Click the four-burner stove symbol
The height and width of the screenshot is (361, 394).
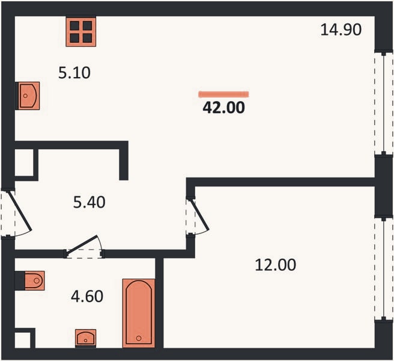point(81,32)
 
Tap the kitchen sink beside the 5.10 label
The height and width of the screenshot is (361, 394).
point(29,96)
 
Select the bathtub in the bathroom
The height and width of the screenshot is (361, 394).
point(139,313)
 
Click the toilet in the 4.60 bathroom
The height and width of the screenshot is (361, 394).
point(35,280)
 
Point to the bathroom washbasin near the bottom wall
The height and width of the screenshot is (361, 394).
point(86,338)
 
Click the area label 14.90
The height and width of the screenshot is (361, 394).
point(341,29)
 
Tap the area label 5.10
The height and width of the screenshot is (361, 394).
point(74,73)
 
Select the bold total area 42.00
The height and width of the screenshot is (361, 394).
point(223,108)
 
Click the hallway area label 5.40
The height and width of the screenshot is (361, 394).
point(89,202)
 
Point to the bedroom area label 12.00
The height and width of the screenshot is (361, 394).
point(276,265)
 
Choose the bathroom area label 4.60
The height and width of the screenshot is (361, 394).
point(87,296)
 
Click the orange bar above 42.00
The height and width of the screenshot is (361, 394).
point(223,94)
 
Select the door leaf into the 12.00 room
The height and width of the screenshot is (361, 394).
point(200,215)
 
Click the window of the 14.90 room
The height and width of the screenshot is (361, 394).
point(384,103)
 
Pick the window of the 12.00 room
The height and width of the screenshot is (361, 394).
point(384,268)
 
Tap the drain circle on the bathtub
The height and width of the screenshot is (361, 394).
point(139,338)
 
